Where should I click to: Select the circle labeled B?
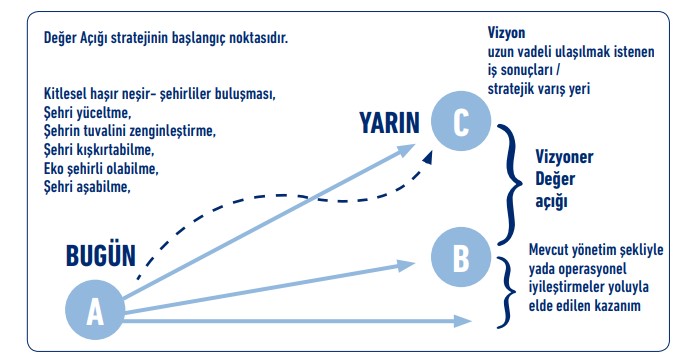click(x=459, y=256)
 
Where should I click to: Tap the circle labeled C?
click(x=460, y=122)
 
